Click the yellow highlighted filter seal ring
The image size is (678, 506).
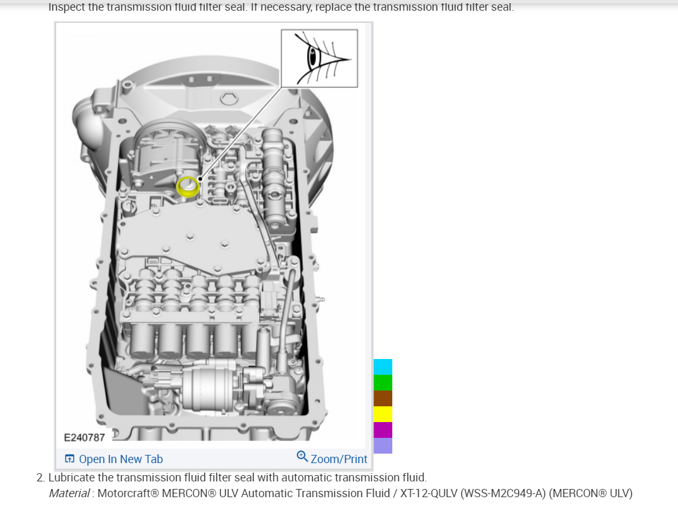tap(187, 187)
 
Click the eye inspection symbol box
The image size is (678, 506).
tap(319, 58)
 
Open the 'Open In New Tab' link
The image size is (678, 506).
tap(120, 459)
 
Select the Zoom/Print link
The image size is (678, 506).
tap(339, 459)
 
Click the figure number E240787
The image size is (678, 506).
tap(85, 437)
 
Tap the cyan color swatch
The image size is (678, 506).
tap(383, 367)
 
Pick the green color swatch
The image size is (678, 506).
tap(383, 383)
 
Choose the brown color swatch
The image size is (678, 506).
tap(383, 399)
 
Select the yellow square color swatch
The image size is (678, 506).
tap(383, 415)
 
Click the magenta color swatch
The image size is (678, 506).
tap(383, 430)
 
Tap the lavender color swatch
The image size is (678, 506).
tap(383, 446)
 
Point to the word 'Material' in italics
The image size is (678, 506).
tap(69, 493)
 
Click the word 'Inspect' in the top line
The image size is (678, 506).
tap(67, 8)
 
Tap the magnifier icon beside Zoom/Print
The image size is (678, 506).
tap(302, 456)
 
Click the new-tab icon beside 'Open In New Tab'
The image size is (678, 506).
tap(70, 459)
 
